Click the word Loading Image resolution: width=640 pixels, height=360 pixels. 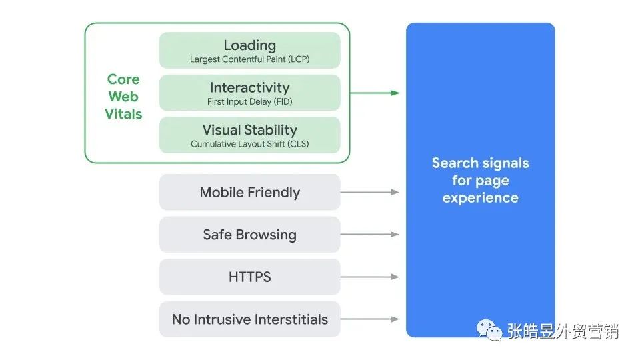tap(249, 45)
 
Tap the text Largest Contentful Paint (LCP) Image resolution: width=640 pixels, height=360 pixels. tap(249, 59)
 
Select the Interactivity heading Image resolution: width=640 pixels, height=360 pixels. tap(249, 87)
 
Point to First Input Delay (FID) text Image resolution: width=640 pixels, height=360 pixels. tap(249, 102)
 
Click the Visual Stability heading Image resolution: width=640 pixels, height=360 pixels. tap(249, 130)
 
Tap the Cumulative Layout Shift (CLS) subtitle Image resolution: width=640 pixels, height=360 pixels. tap(249, 144)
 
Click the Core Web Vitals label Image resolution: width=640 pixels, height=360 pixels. tap(123, 97)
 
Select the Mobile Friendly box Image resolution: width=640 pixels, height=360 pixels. tap(249, 193)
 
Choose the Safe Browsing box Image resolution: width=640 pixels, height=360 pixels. tap(249, 235)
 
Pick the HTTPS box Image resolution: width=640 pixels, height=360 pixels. tap(249, 277)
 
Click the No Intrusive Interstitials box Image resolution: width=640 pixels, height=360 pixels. tap(249, 319)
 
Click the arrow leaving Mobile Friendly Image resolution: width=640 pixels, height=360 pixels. tap(370, 192)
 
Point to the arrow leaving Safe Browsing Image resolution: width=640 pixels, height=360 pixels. tap(370, 235)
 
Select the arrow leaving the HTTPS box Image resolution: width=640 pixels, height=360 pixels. tap(370, 277)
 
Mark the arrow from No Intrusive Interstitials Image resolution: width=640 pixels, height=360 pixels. tap(370, 319)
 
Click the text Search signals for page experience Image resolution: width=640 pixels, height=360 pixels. tap(480, 180)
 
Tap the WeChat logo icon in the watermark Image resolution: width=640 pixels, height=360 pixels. tap(490, 330)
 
